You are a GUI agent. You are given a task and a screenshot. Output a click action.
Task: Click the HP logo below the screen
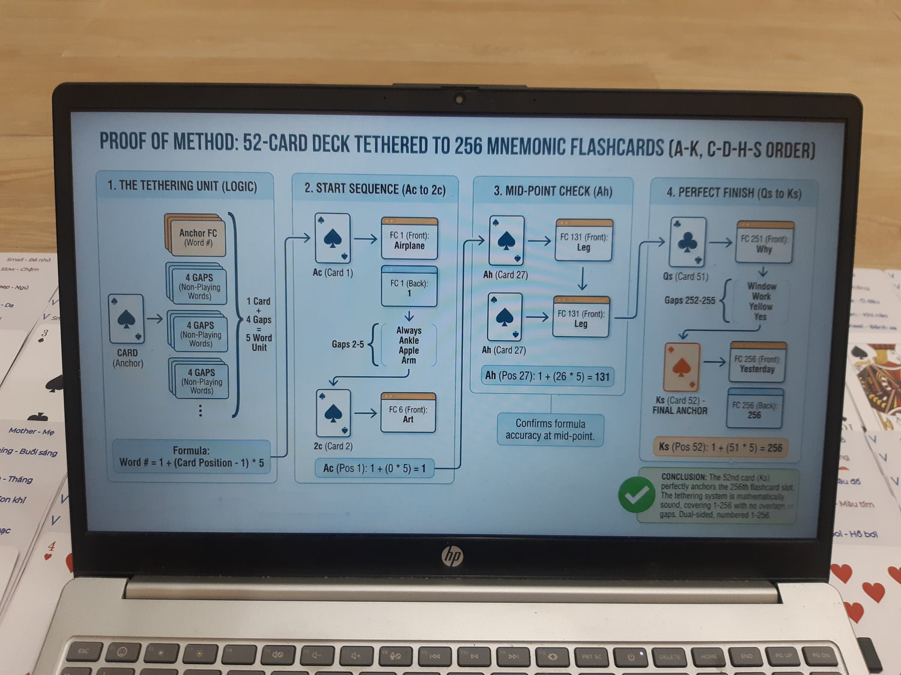452,556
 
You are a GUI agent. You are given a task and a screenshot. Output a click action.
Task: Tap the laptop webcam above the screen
460,99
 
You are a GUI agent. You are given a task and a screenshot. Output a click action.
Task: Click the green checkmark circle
637,494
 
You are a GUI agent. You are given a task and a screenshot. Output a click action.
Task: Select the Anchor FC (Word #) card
196,236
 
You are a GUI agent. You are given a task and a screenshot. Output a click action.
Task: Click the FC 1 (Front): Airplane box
409,239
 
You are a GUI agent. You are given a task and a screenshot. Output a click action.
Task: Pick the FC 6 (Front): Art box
408,413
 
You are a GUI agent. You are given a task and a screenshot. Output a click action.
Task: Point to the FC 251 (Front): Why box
764,243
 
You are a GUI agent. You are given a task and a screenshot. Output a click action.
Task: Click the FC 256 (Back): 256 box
754,409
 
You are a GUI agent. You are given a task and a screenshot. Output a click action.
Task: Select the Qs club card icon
687,242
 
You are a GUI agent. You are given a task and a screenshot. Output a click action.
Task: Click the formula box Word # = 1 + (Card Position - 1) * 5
192,457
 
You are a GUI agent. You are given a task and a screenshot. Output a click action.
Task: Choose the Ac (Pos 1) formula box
374,468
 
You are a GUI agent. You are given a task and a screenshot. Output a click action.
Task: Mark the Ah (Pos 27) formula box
547,376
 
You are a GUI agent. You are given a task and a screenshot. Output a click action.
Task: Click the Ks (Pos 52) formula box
720,447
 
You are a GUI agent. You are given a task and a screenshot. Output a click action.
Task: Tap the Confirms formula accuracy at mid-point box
550,430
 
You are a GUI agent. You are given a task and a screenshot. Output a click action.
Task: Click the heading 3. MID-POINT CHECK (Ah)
553,191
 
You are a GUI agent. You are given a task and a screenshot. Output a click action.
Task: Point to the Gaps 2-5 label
348,344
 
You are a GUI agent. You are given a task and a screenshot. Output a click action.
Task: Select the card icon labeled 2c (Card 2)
333,413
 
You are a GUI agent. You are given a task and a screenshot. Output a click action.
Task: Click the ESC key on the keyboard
83,651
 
